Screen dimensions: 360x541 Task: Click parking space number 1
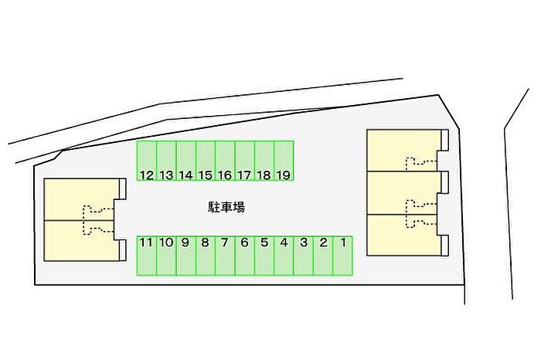click(342, 256)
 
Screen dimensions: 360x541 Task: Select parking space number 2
click(323, 256)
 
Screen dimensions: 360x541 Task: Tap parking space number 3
click(303, 256)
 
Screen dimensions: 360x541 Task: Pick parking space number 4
click(284, 256)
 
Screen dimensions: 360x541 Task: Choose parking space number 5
click(264, 256)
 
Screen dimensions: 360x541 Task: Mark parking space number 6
click(244, 256)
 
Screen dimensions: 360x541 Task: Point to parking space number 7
click(225, 256)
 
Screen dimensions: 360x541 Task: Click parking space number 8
click(205, 256)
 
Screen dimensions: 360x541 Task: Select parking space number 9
click(185, 256)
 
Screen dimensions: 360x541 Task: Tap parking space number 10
click(166, 256)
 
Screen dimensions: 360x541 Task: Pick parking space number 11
click(147, 256)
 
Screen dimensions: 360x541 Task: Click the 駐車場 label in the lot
click(226, 207)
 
